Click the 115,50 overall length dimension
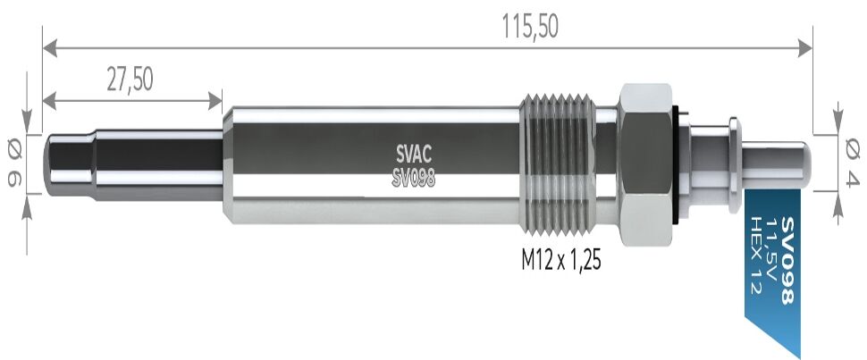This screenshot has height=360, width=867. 530,27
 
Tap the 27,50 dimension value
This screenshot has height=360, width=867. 130,80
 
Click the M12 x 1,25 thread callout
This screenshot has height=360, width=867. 560,259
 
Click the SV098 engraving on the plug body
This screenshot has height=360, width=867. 414,179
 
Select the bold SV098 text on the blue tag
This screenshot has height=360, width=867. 788,261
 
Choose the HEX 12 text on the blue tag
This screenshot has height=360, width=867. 754,255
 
